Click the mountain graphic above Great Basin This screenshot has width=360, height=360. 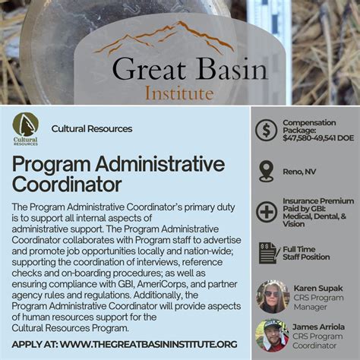(163, 38)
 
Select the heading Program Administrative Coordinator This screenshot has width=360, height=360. (118, 174)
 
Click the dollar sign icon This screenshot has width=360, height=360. (266, 130)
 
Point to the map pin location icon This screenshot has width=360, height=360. (266, 171)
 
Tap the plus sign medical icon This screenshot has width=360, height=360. (266, 212)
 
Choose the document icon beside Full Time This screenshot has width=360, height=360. (267, 253)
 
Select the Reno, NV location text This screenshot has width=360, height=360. (299, 172)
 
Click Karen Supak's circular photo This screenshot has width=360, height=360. (271, 295)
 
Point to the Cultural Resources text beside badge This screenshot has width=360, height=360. (92, 128)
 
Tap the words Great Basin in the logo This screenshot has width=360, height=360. (189, 70)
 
